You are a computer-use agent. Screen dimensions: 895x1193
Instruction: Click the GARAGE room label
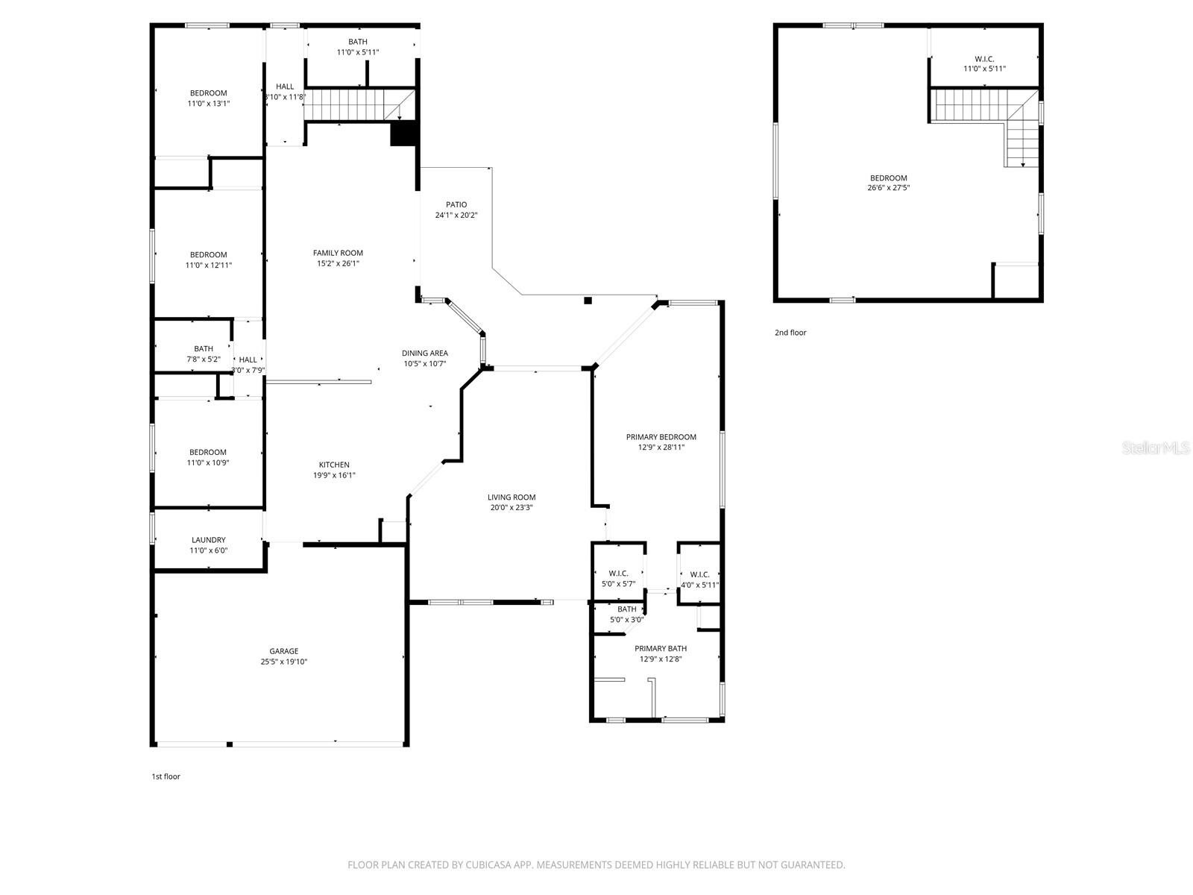click(284, 651)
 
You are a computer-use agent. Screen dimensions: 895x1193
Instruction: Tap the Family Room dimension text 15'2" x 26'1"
click(338, 263)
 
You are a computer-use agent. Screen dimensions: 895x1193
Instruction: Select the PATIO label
click(456, 204)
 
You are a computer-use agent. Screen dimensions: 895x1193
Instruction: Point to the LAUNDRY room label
click(208, 540)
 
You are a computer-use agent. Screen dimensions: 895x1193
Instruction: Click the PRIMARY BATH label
click(661, 649)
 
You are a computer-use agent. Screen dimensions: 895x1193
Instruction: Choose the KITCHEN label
click(334, 465)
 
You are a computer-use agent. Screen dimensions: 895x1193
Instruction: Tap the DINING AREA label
click(425, 354)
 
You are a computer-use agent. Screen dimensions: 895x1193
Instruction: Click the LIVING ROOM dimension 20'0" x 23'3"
click(511, 508)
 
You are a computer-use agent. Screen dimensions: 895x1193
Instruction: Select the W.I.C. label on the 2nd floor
click(984, 59)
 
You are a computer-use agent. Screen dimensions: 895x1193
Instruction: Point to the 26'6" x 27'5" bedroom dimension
click(888, 188)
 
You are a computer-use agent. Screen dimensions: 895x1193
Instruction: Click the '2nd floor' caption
click(790, 333)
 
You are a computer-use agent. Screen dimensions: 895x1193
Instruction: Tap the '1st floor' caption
click(166, 776)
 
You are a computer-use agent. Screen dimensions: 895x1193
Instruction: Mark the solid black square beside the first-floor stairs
click(403, 134)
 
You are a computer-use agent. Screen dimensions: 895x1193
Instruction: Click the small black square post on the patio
click(588, 301)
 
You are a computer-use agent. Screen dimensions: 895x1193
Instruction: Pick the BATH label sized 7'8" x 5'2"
click(204, 348)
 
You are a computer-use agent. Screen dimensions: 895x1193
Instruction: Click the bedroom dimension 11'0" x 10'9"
click(208, 462)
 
